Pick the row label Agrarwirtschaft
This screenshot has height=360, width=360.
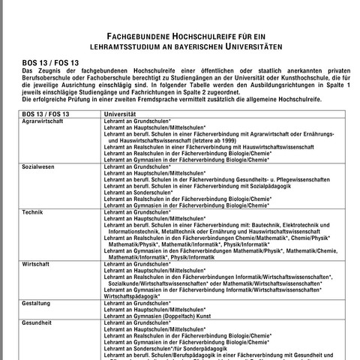42,120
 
